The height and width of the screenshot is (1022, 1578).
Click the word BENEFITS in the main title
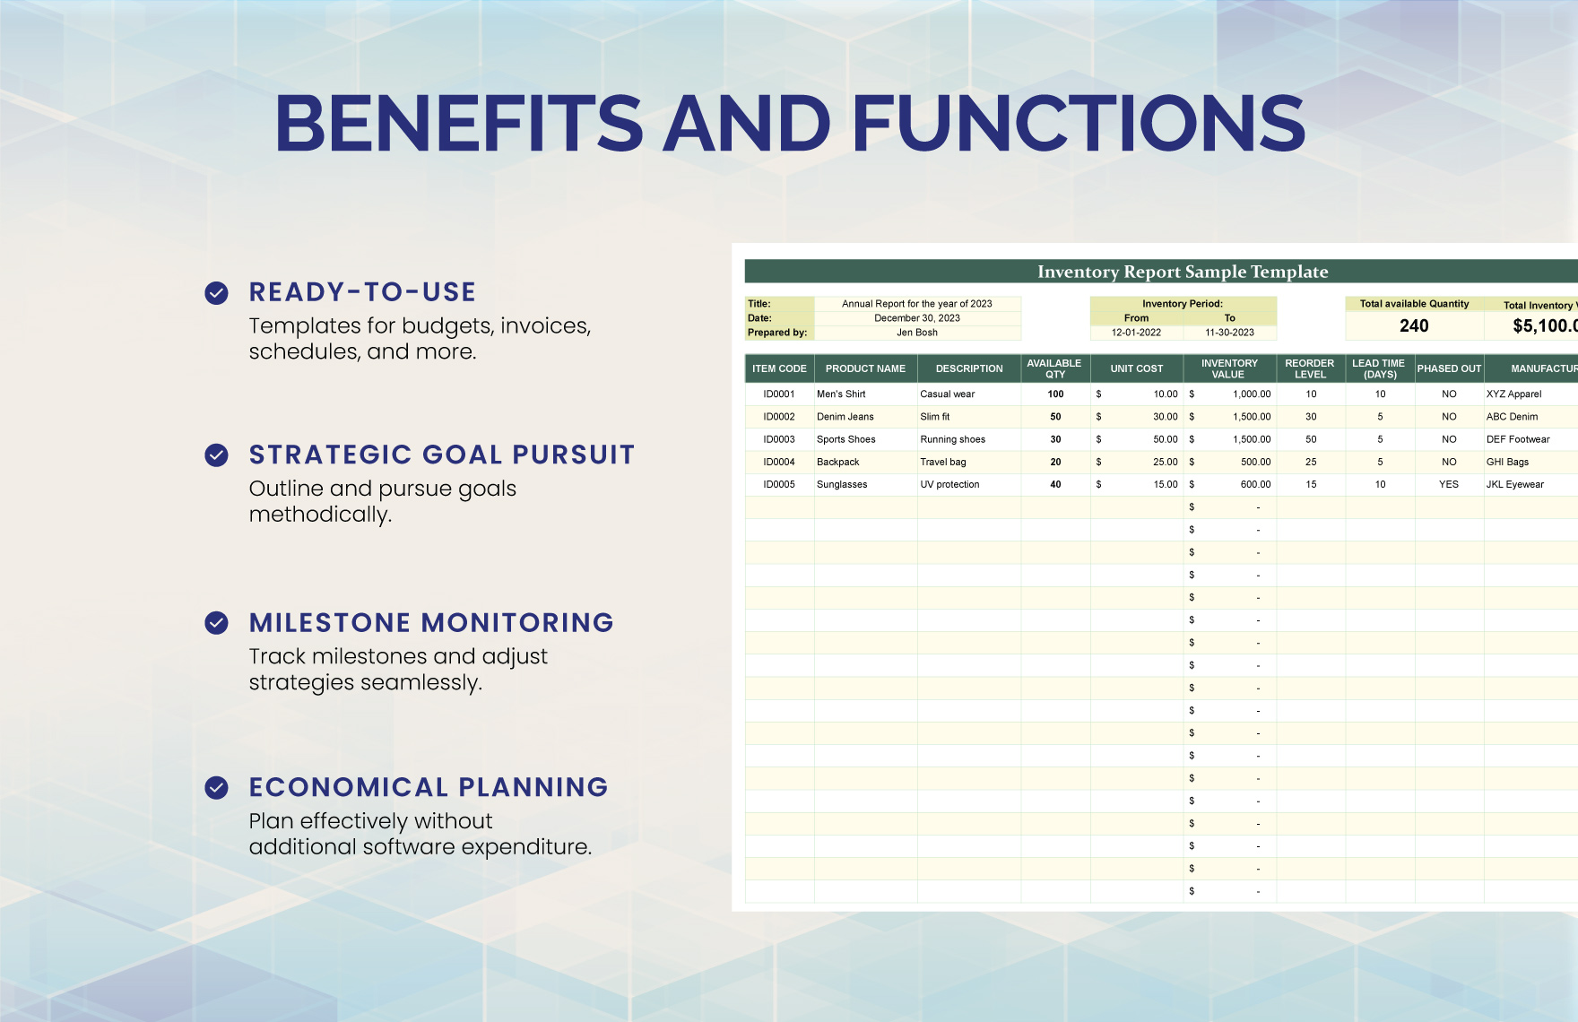pyautogui.click(x=458, y=124)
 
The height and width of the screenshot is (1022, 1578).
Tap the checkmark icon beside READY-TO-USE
pyautogui.click(x=216, y=293)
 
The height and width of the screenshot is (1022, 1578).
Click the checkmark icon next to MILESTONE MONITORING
pyautogui.click(x=216, y=623)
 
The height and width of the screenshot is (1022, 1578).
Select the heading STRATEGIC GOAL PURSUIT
pyautogui.click(x=441, y=455)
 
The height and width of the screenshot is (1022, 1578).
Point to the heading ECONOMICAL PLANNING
pyautogui.click(x=429, y=787)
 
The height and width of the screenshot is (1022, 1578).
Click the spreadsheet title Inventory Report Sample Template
pyautogui.click(x=1182, y=272)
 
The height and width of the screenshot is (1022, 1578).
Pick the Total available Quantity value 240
pyautogui.click(x=1414, y=326)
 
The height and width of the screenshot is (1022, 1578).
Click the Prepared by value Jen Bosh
pyautogui.click(x=916, y=333)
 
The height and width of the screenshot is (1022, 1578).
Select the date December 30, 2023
pyautogui.click(x=916, y=318)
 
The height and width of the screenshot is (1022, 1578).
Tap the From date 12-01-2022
pyautogui.click(x=1136, y=333)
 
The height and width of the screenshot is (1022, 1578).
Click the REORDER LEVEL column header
pyautogui.click(x=1309, y=368)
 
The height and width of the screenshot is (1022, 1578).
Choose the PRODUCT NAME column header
pyautogui.click(x=865, y=368)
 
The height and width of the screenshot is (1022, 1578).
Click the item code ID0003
pyautogui.click(x=778, y=439)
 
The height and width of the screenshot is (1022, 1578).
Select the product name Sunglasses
pyautogui.click(x=842, y=484)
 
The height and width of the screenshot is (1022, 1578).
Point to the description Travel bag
pyautogui.click(x=942, y=462)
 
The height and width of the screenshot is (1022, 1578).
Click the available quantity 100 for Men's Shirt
pyautogui.click(x=1055, y=394)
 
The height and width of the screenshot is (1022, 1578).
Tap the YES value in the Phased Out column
pyautogui.click(x=1449, y=484)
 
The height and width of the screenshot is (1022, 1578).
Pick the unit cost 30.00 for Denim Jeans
pyautogui.click(x=1165, y=417)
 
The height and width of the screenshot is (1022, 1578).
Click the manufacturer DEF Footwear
pyautogui.click(x=1517, y=439)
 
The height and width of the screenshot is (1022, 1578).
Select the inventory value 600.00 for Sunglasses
pyautogui.click(x=1254, y=484)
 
